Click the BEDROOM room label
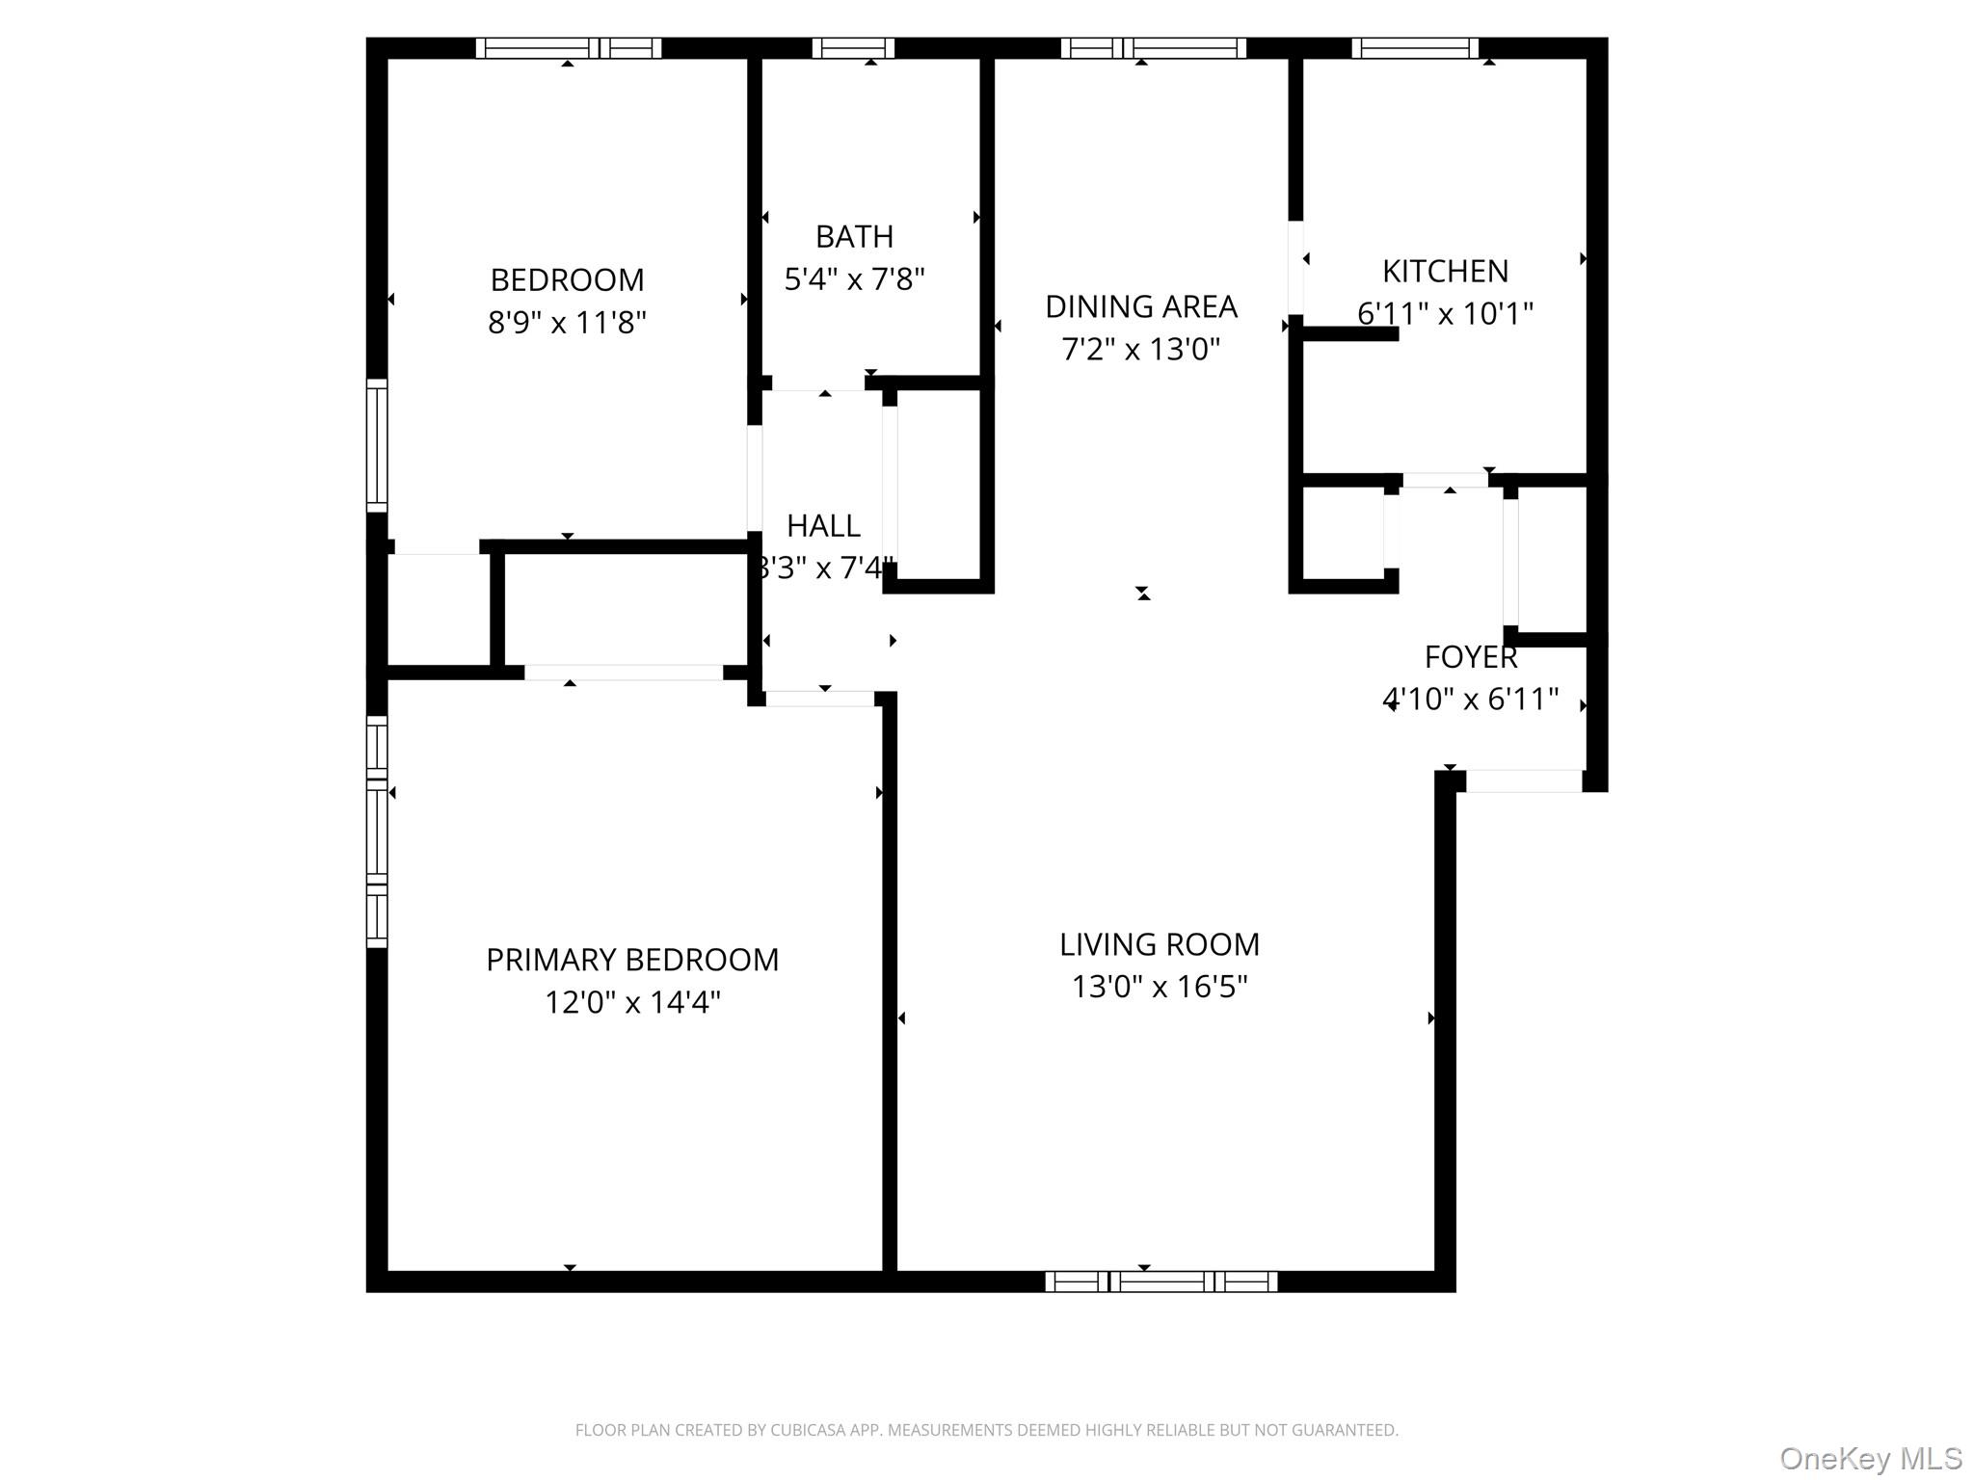tap(567, 280)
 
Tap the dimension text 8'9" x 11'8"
tap(567, 323)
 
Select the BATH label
tap(854, 237)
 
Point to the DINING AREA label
tap(1140, 307)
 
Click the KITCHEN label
tap(1445, 272)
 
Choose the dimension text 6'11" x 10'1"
tap(1445, 314)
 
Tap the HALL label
tap(823, 526)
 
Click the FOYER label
tap(1470, 657)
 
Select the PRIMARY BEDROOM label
tap(632, 960)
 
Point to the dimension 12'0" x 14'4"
tap(632, 1003)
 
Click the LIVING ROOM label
tap(1159, 945)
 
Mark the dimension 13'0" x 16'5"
tap(1159, 988)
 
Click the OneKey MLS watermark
tap(1870, 1459)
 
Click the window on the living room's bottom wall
tap(1160, 1282)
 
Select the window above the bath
tap(853, 48)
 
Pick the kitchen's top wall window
tap(1414, 48)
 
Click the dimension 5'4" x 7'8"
tap(854, 280)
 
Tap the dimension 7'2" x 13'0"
tap(1140, 350)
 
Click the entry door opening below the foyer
tap(1523, 781)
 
